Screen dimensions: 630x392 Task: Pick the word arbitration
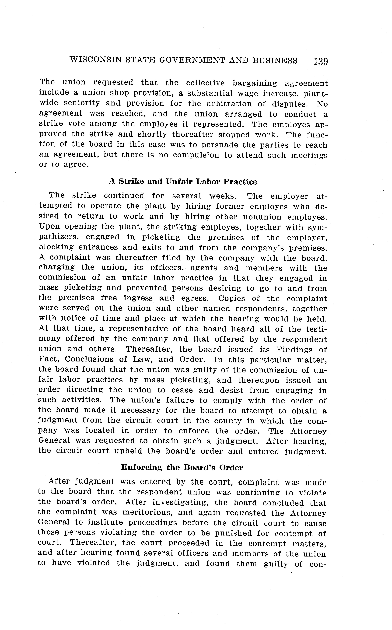point(229,104)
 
